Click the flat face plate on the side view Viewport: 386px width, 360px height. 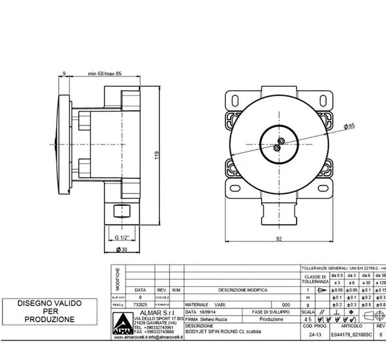click(62, 143)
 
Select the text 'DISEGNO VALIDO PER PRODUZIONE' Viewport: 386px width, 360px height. click(46, 311)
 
